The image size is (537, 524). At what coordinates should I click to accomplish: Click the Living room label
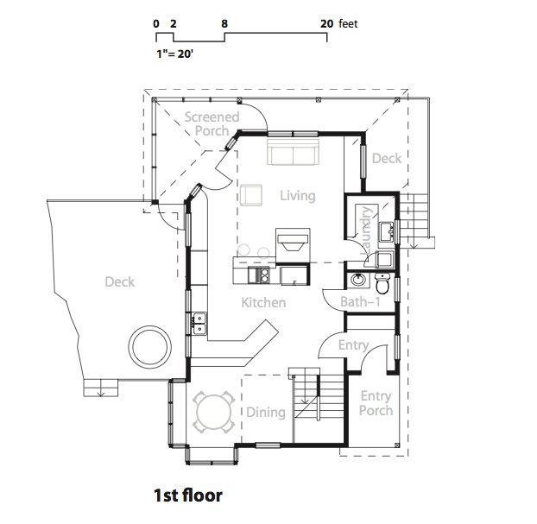click(x=298, y=196)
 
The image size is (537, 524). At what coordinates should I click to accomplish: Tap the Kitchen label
click(x=263, y=302)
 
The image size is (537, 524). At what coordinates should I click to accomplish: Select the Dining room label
click(x=266, y=412)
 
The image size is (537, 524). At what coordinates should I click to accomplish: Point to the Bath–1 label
click(x=360, y=302)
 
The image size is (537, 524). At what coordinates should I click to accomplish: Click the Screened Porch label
click(x=212, y=123)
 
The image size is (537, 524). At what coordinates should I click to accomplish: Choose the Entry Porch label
click(x=376, y=403)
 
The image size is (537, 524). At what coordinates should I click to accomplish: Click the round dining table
click(x=214, y=412)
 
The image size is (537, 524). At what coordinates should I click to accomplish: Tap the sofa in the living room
click(x=294, y=152)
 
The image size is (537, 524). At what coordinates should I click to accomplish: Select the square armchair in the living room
click(x=251, y=195)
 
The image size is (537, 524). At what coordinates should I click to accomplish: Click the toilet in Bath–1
click(x=382, y=283)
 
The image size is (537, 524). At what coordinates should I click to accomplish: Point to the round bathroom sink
click(x=358, y=281)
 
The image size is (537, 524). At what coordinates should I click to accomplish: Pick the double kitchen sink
click(x=199, y=324)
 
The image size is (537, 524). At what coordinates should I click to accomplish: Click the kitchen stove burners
click(x=265, y=275)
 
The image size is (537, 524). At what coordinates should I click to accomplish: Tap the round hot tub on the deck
click(x=149, y=347)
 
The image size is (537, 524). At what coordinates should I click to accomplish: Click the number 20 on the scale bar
click(x=326, y=23)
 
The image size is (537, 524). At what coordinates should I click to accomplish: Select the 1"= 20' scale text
click(x=174, y=54)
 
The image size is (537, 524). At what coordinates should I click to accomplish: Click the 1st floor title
click(x=188, y=496)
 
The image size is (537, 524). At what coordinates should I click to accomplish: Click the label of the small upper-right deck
click(x=387, y=158)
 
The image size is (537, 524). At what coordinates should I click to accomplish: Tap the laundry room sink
click(x=386, y=232)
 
